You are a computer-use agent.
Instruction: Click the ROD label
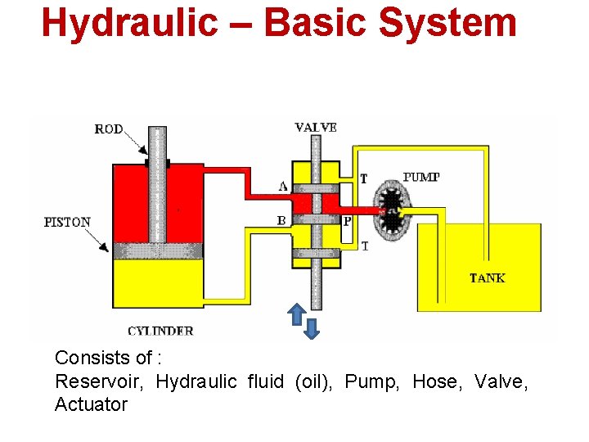(109, 129)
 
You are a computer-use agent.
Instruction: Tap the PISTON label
(67, 222)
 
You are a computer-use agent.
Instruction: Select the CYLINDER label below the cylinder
(160, 331)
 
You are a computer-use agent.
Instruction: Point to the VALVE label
(316, 127)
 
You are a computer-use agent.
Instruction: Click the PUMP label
(422, 178)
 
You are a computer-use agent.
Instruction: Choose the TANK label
(487, 278)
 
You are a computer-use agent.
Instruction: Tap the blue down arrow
(312, 327)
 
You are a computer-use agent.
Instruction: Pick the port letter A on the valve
(282, 186)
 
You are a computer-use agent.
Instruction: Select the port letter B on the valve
(281, 220)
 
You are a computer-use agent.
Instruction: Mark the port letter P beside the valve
(347, 221)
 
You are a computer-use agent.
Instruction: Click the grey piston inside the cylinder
(157, 250)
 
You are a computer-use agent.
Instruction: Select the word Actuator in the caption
(91, 404)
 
